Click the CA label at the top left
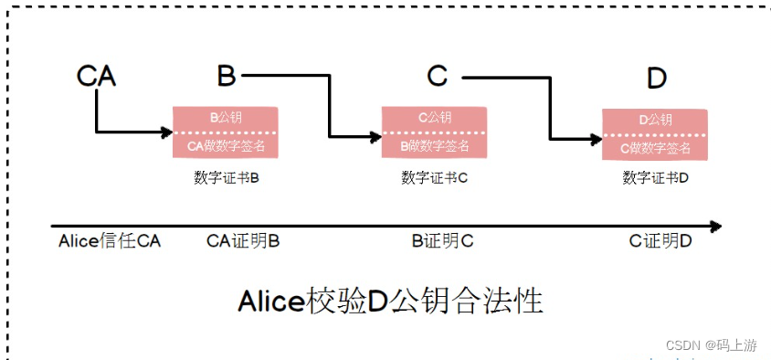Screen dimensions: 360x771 point(96,76)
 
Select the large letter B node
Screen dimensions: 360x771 point(226,76)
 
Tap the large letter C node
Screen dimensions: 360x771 point(438,76)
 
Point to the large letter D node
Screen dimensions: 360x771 point(656,79)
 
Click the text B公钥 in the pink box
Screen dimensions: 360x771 point(227,118)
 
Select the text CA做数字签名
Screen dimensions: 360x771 point(227,145)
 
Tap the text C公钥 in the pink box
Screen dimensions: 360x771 point(435,118)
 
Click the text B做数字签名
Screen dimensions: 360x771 point(435,145)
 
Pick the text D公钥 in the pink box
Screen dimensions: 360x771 point(655,120)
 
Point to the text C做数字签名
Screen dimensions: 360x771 point(655,147)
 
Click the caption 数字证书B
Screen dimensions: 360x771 point(227,176)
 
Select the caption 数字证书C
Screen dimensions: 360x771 point(434,176)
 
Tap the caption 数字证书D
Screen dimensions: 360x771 point(655,177)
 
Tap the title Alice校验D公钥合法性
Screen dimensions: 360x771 point(390,300)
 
